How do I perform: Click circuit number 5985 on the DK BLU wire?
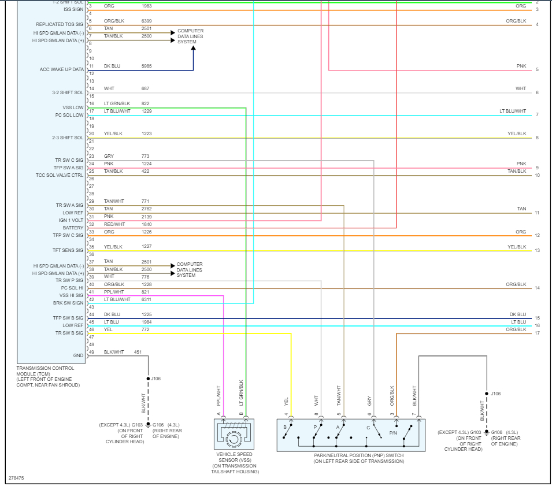coord(147,66)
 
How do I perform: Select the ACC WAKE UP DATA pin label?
coord(61,70)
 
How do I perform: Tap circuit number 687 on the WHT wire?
coord(145,88)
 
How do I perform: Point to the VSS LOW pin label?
coord(73,107)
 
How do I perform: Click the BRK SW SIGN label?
coord(68,303)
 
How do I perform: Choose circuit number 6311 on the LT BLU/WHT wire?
coord(147,299)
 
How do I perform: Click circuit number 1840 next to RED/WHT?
coord(147,224)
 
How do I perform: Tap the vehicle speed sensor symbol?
coord(234,434)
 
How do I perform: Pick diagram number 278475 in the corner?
coord(16,478)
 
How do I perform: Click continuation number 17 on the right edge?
coord(537,333)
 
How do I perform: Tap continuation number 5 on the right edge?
coord(537,70)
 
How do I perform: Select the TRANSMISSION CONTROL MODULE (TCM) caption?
coord(45,376)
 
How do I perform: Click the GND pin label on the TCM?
coord(78,355)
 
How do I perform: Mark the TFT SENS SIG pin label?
coord(68,250)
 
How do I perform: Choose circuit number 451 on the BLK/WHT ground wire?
coord(138,352)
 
